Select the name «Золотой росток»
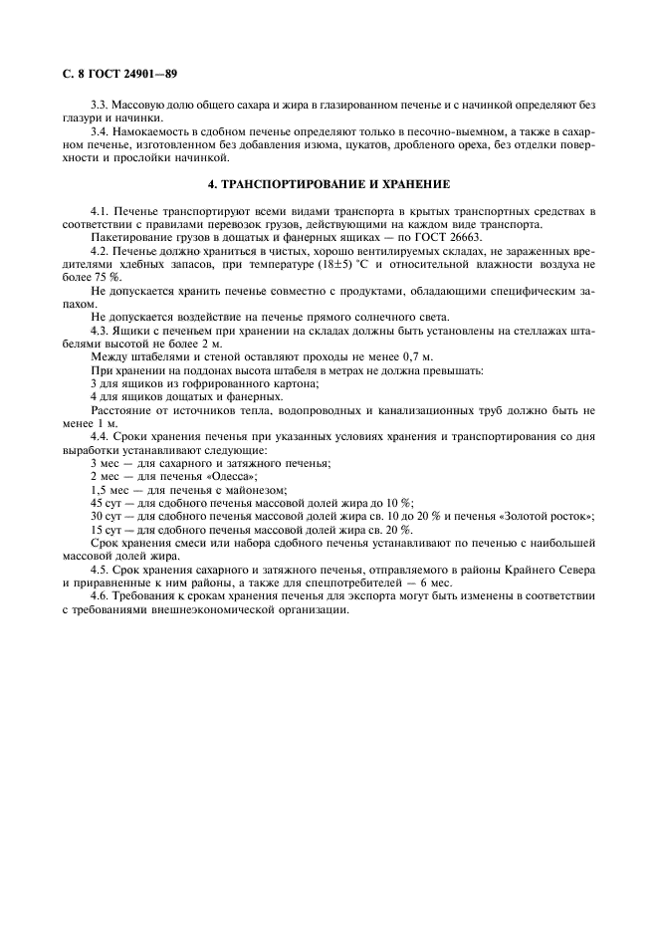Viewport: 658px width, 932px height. tap(548, 516)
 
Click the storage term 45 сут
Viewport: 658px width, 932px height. tap(107, 503)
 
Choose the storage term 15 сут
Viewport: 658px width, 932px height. tap(107, 529)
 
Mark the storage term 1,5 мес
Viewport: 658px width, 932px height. tap(110, 489)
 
